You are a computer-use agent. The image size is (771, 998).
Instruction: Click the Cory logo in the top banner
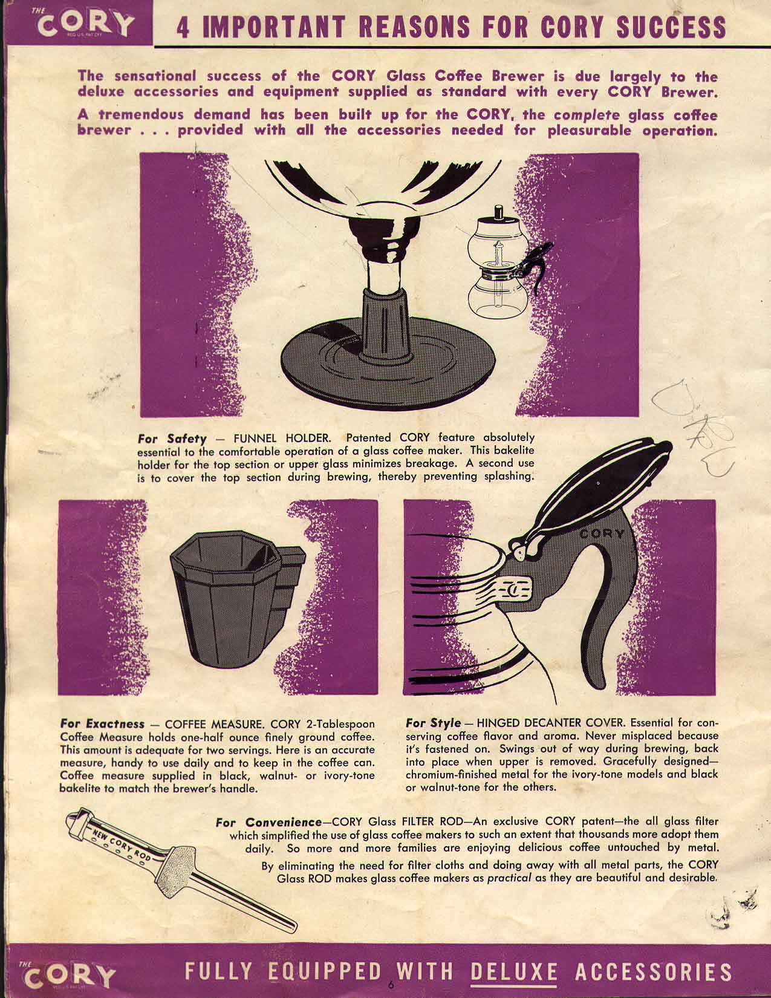[x=83, y=23]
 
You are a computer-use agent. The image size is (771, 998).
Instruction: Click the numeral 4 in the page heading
[x=183, y=28]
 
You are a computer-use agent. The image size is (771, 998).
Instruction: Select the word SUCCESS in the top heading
[x=671, y=27]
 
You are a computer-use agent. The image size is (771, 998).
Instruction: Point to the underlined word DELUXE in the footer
[x=514, y=972]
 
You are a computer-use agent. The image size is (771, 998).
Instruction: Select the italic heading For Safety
[x=172, y=438]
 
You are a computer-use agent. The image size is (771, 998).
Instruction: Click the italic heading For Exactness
[x=102, y=724]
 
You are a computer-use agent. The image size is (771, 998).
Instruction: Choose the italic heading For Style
[x=433, y=723]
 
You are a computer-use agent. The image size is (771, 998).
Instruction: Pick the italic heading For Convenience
[x=268, y=821]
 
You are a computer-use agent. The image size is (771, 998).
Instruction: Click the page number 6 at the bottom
[x=391, y=985]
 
